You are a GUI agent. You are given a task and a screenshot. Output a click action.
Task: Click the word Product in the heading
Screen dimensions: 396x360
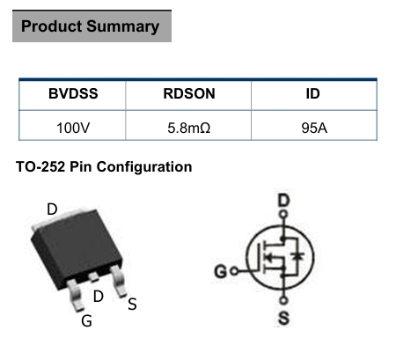pyautogui.click(x=51, y=26)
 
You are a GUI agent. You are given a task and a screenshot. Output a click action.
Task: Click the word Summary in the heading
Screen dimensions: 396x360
pyautogui.click(x=123, y=27)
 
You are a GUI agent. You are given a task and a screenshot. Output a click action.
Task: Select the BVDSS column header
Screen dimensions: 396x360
pyautogui.click(x=73, y=94)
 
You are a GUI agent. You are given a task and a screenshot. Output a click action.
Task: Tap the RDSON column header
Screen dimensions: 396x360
pyautogui.click(x=189, y=94)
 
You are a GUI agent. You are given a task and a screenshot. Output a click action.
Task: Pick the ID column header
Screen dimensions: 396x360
pyautogui.click(x=312, y=94)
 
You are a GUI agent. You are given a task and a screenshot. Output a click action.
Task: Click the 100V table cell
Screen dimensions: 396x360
pyautogui.click(x=73, y=129)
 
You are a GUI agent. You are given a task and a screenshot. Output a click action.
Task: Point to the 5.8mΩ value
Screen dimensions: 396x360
pyautogui.click(x=189, y=129)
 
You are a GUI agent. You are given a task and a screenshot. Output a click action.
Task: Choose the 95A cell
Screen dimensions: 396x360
pyautogui.click(x=314, y=129)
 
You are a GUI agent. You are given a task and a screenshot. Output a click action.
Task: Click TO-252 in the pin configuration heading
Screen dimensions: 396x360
pyautogui.click(x=40, y=166)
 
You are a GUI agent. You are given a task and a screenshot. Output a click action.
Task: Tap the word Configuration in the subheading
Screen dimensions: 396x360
pyautogui.click(x=144, y=167)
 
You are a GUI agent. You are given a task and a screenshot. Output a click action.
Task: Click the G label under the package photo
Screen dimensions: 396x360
pyautogui.click(x=86, y=321)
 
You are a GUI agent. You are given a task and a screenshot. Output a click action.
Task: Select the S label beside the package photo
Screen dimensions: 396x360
pyautogui.click(x=132, y=305)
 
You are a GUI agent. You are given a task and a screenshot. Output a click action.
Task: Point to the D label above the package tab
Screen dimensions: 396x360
pyautogui.click(x=52, y=209)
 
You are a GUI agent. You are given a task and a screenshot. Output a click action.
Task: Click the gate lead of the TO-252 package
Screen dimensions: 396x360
pyautogui.click(x=75, y=295)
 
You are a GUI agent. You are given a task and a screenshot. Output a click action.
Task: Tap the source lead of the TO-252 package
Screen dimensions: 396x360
pyautogui.click(x=119, y=281)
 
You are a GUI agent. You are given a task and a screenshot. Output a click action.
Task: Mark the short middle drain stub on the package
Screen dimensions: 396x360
pyautogui.click(x=94, y=276)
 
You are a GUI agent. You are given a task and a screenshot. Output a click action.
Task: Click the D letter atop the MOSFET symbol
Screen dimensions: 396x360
pyautogui.click(x=283, y=201)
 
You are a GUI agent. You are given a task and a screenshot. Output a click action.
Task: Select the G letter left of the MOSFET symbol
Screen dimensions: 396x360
pyautogui.click(x=221, y=271)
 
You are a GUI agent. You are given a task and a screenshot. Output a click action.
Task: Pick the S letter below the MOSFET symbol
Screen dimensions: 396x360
pyautogui.click(x=283, y=318)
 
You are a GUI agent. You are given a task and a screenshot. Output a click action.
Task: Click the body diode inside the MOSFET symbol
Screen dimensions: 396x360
pyautogui.click(x=297, y=256)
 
